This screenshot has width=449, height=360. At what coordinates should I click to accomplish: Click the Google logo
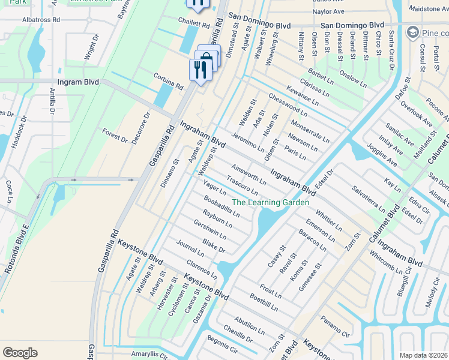click(20, 353)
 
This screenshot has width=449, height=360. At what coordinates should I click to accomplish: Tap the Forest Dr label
click(115, 136)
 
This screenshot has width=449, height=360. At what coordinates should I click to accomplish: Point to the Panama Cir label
click(334, 325)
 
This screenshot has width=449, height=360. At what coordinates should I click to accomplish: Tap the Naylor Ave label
click(328, 11)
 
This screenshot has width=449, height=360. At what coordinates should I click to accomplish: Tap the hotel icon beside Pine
click(413, 31)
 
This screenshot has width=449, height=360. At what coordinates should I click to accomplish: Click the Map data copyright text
click(423, 355)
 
